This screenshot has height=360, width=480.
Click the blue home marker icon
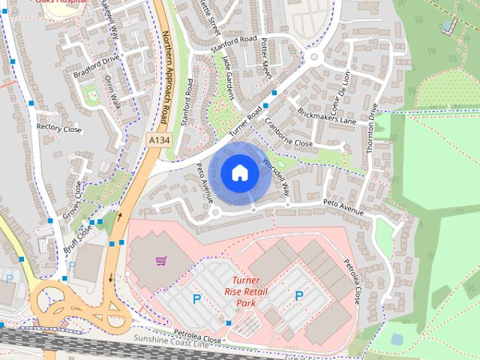(x=239, y=172)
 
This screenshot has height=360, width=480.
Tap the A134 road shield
(x=158, y=140)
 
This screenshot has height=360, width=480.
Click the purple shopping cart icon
(x=160, y=260)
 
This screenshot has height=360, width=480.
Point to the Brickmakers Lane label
(x=326, y=115)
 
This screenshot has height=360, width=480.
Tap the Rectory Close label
(x=59, y=128)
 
